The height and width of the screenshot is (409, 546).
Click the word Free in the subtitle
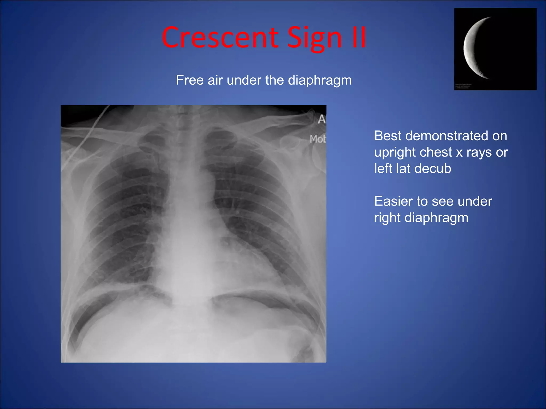[190, 80]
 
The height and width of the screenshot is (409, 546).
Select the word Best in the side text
[388, 136]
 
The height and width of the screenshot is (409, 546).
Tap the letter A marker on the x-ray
[322, 119]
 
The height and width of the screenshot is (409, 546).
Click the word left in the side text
[383, 169]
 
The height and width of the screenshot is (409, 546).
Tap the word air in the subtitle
[215, 80]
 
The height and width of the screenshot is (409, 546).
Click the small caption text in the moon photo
[463, 86]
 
